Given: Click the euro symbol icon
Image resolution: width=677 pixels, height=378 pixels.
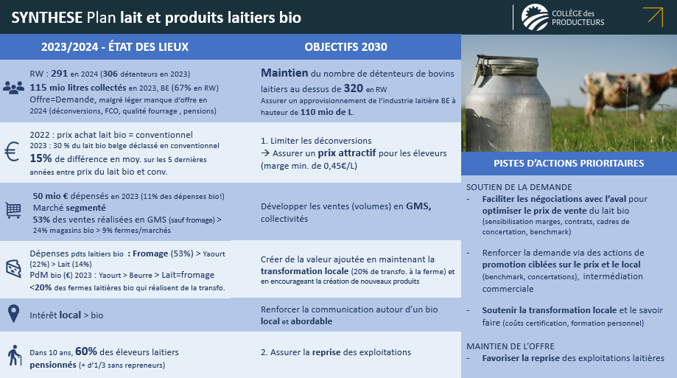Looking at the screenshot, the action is click(x=12, y=152).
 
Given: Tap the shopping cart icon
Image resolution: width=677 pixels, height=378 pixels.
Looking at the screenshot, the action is click(x=13, y=211).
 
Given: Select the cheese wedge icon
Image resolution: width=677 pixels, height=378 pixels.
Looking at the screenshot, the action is click(x=13, y=268).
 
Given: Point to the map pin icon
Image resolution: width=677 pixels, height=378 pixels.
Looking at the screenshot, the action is click(x=14, y=314).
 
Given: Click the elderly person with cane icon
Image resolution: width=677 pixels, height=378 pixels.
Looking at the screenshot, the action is click(x=14, y=355).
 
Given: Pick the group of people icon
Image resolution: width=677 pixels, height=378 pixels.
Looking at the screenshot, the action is click(x=13, y=88).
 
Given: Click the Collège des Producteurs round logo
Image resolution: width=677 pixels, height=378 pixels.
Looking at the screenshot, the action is click(x=535, y=17).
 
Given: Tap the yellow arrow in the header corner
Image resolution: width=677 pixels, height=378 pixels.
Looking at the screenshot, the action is click(x=653, y=17).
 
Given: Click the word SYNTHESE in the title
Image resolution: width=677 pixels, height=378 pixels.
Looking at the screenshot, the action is click(x=46, y=18).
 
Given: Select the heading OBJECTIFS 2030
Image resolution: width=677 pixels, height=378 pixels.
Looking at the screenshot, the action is click(x=345, y=47).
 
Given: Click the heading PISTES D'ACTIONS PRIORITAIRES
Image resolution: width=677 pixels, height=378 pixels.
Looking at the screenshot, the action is click(x=569, y=164).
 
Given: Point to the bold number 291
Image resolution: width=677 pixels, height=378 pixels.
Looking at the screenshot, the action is click(x=59, y=74).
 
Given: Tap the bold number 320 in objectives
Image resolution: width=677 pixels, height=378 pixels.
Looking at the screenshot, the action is click(x=353, y=88).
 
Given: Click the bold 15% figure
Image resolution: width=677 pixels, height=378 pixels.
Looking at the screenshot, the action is click(x=41, y=158).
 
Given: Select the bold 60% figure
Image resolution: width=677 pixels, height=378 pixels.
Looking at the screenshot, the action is click(x=86, y=351).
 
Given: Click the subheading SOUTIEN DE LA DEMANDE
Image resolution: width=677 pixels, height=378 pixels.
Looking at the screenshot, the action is click(x=519, y=187).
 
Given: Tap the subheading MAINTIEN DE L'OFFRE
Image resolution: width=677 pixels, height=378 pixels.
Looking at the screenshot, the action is click(x=511, y=346).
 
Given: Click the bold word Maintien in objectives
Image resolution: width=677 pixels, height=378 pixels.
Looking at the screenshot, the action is click(x=284, y=73).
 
